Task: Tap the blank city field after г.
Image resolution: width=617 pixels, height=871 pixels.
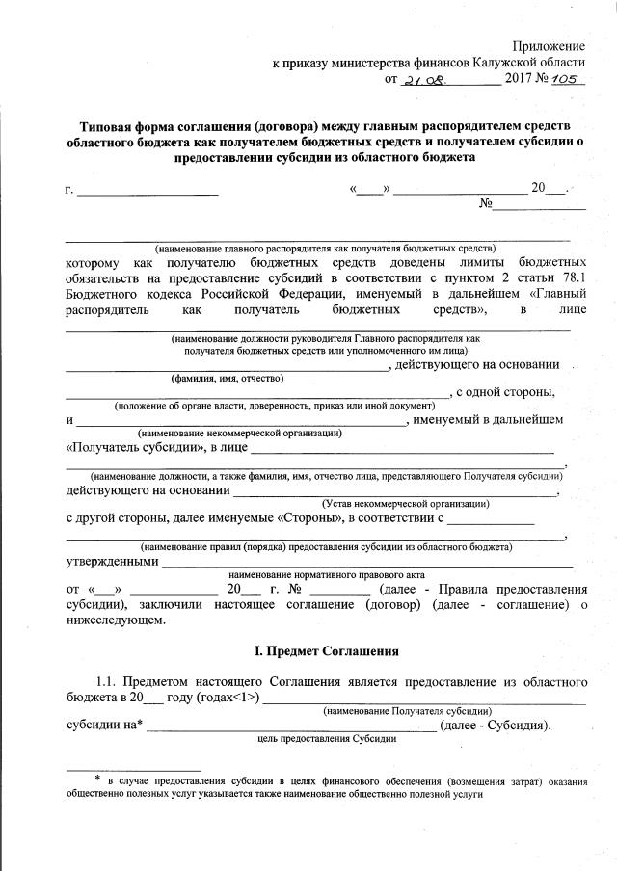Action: [x=148, y=189]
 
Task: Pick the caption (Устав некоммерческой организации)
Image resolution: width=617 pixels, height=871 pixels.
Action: [x=405, y=503]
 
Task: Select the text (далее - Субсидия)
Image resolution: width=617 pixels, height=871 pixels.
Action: [x=496, y=725]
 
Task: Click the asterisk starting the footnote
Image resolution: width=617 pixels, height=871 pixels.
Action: [x=97, y=779]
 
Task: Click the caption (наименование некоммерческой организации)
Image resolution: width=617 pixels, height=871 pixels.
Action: [x=240, y=434]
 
